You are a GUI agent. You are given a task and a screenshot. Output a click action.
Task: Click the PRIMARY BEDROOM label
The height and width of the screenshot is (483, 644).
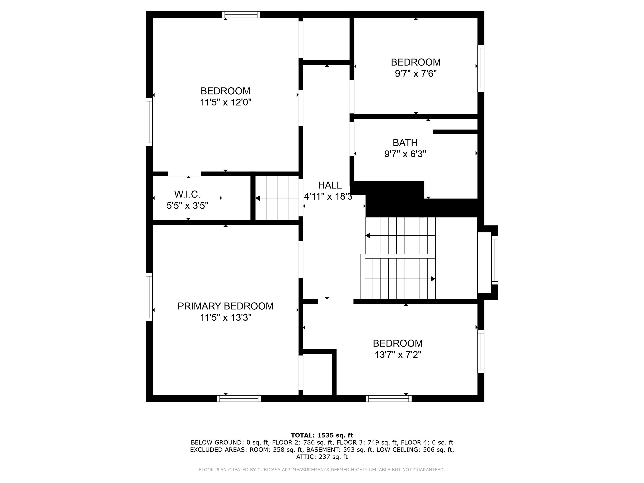(x=225, y=306)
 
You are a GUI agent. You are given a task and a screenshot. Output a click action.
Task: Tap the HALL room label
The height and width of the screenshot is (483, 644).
(x=330, y=185)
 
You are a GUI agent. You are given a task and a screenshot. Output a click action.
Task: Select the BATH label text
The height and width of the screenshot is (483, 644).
(x=405, y=143)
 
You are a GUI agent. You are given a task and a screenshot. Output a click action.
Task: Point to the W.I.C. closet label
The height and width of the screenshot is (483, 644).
(x=187, y=194)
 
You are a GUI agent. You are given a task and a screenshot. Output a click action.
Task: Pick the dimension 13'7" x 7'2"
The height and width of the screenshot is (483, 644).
(x=398, y=355)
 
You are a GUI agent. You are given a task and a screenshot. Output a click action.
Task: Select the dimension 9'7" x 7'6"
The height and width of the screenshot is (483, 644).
(x=416, y=74)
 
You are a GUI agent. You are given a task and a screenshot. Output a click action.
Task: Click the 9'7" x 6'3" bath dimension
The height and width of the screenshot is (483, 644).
(x=405, y=154)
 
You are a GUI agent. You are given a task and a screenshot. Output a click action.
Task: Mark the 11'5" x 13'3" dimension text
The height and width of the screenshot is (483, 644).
(x=225, y=317)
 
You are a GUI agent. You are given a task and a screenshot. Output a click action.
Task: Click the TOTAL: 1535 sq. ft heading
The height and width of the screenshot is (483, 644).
(x=322, y=435)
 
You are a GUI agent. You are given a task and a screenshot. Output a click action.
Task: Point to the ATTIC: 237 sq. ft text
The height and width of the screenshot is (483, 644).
(x=322, y=457)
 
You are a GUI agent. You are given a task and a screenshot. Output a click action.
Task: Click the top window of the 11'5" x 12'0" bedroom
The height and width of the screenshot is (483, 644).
(x=241, y=14)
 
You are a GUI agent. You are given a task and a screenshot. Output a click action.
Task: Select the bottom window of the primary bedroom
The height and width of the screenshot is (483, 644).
(x=239, y=399)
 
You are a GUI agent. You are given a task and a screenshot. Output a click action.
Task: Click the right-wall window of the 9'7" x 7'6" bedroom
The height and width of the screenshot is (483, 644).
(x=481, y=68)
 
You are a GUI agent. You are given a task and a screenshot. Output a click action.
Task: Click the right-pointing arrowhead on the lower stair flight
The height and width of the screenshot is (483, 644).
(x=433, y=279)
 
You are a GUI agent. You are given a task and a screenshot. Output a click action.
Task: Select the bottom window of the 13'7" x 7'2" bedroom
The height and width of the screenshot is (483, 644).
(x=388, y=399)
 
